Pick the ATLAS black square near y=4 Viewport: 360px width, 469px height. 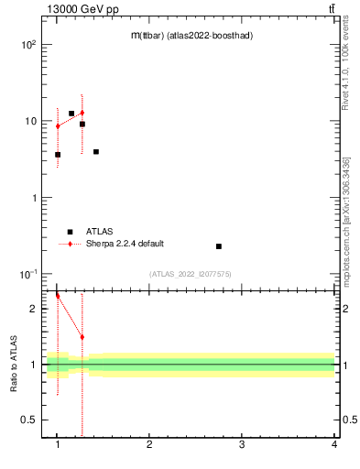pos(96,152)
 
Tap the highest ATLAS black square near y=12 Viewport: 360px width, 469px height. pos(71,114)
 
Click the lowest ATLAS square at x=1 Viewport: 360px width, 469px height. pos(58,155)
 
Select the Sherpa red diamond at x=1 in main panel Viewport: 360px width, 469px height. pos(58,126)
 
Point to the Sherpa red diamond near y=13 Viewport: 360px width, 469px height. pos(82,113)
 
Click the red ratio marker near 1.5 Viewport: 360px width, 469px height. pos(82,337)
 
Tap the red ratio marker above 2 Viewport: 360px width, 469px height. pos(58,296)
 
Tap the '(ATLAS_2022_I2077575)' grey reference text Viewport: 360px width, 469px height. pos(191,274)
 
